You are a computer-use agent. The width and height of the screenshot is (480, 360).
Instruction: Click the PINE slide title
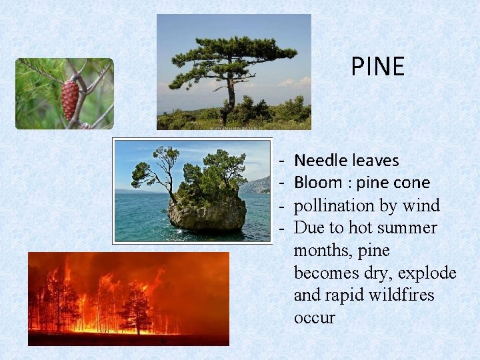point(377,67)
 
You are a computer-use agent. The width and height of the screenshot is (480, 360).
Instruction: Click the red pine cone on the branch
point(70,100)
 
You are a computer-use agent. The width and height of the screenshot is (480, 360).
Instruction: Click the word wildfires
point(401,295)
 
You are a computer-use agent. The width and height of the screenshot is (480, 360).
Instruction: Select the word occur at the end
point(314,318)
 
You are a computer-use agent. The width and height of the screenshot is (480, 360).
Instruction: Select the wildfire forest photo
point(128,299)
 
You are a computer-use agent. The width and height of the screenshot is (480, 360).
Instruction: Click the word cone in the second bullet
point(413,183)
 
